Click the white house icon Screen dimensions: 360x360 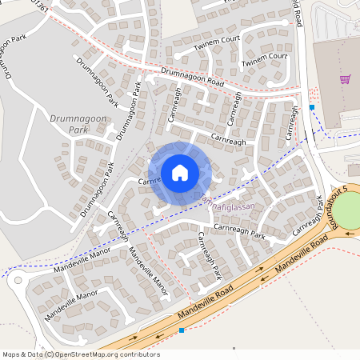coord(180,172)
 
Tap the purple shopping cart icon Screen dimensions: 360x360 coord(345,78)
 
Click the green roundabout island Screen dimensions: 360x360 coord(348,213)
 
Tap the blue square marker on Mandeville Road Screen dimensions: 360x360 coord(182,330)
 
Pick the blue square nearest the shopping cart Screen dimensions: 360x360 coord(312,107)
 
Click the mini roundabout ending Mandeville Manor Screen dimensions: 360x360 coord(17,280)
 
